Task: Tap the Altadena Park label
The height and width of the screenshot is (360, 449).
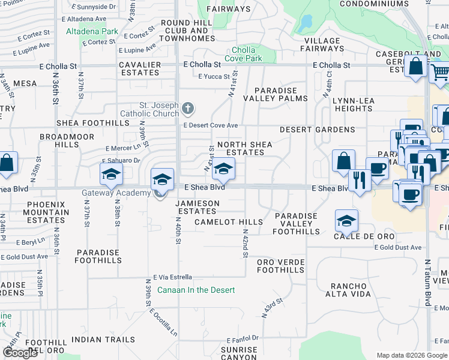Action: [x=92, y=31]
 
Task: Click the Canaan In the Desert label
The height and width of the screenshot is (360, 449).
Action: [x=196, y=290]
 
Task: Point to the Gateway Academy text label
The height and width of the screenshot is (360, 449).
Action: [x=116, y=193]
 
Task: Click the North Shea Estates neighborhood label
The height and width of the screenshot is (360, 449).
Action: [x=244, y=148]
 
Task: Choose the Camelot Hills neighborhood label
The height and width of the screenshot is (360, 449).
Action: [x=229, y=222]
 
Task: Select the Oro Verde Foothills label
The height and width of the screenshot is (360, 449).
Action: [x=281, y=266]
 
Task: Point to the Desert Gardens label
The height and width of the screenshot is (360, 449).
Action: [x=317, y=130]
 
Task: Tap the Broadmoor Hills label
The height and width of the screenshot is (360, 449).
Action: [x=58, y=140]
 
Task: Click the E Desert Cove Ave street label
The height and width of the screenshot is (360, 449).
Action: [x=211, y=125]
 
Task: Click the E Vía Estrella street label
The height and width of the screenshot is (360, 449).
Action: [x=172, y=277]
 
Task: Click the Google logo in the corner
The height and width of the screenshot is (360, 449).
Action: [x=20, y=353]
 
